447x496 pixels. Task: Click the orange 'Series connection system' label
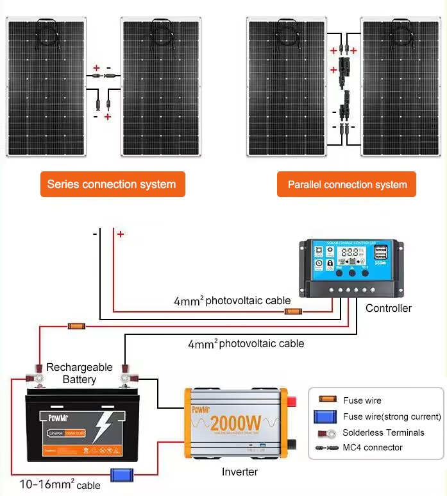(x=112, y=184)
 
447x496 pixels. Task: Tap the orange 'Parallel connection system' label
(x=347, y=185)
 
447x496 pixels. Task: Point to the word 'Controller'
(x=389, y=308)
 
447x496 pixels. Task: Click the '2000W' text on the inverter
(x=235, y=423)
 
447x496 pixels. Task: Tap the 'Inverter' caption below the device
(x=240, y=472)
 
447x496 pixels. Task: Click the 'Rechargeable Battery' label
(x=79, y=373)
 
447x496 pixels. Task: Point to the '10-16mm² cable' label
(x=60, y=484)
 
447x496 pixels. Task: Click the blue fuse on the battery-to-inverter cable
(x=121, y=475)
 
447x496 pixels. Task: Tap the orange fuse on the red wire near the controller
(x=293, y=312)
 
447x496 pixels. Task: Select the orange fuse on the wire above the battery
(x=76, y=327)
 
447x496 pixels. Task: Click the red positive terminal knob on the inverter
(x=291, y=402)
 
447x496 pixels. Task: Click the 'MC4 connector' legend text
(x=373, y=447)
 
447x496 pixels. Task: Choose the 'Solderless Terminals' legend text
(x=383, y=432)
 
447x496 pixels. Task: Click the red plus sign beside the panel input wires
(x=121, y=235)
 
